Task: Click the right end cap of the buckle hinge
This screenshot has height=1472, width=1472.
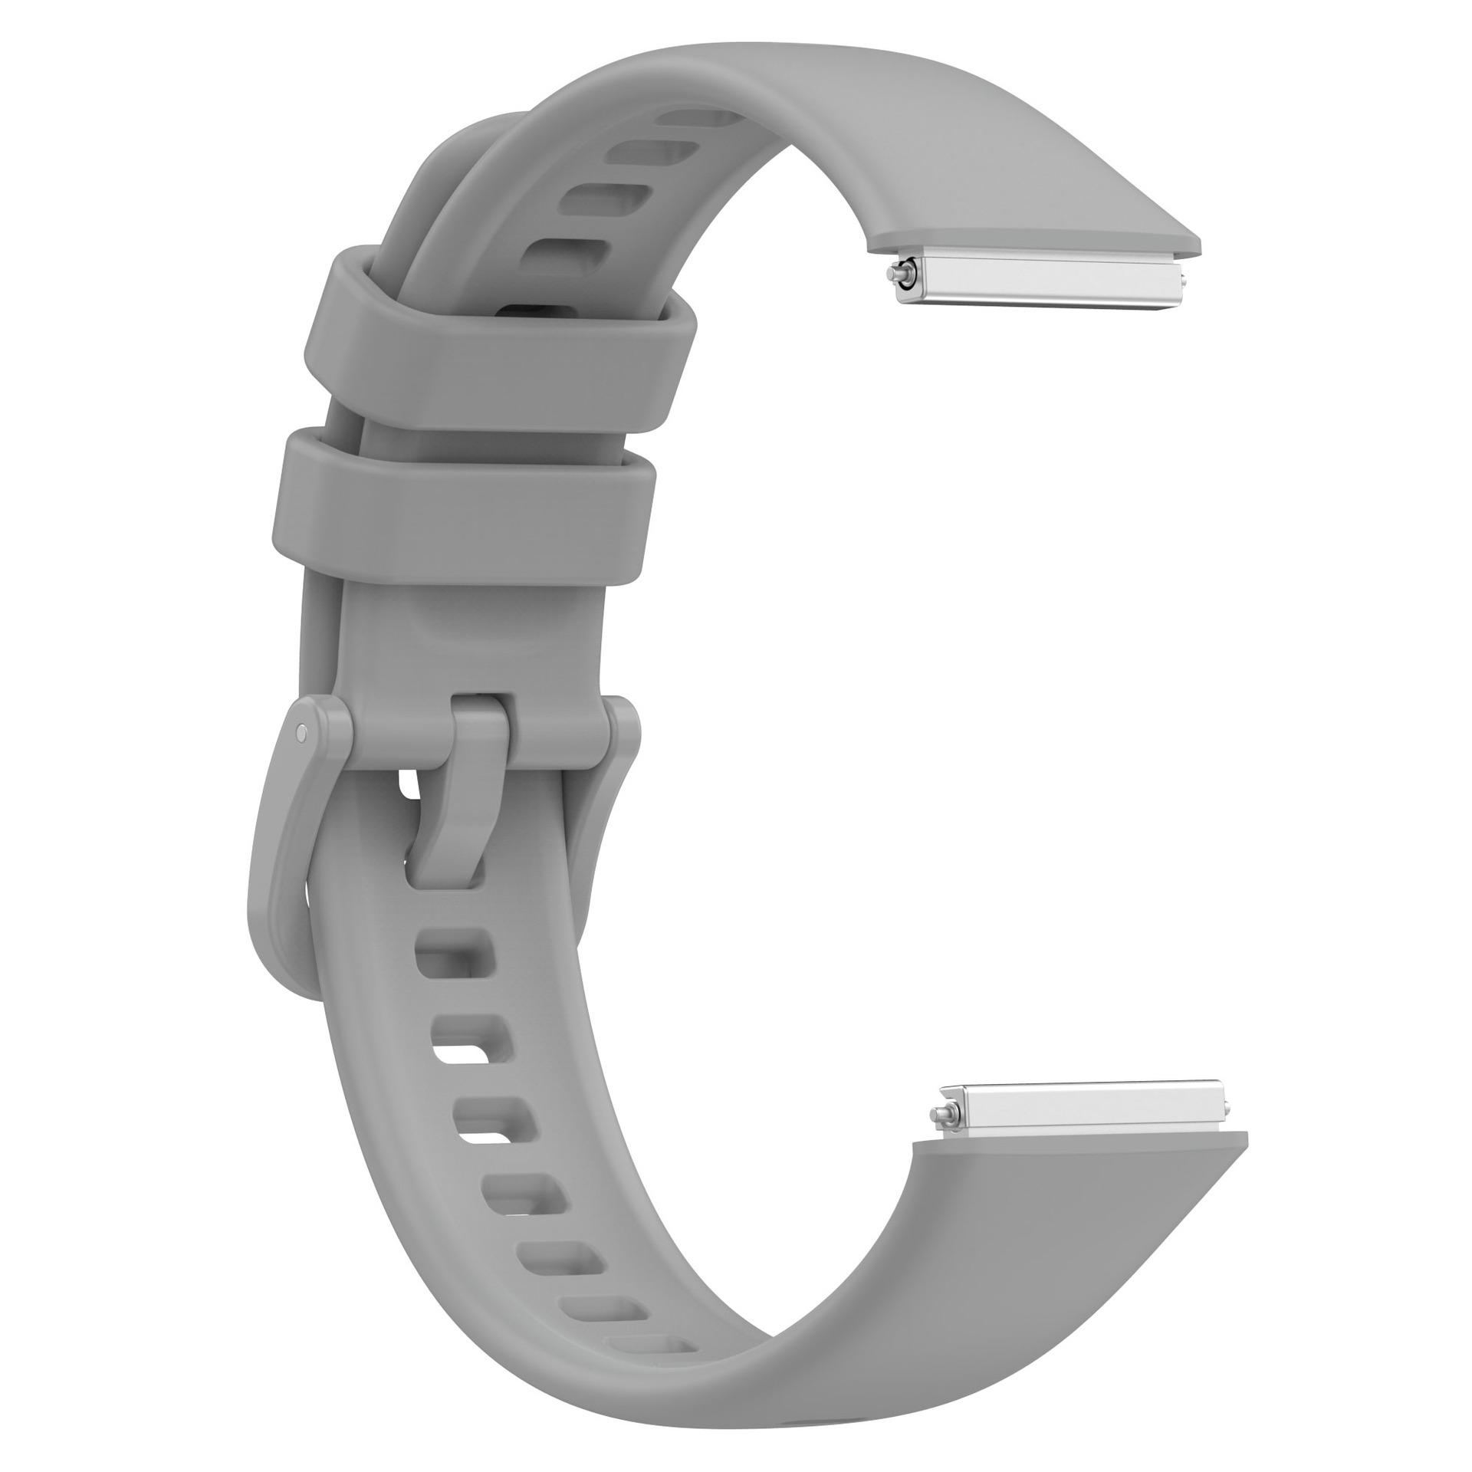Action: point(621,732)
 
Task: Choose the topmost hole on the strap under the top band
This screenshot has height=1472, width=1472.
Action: point(694,117)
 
